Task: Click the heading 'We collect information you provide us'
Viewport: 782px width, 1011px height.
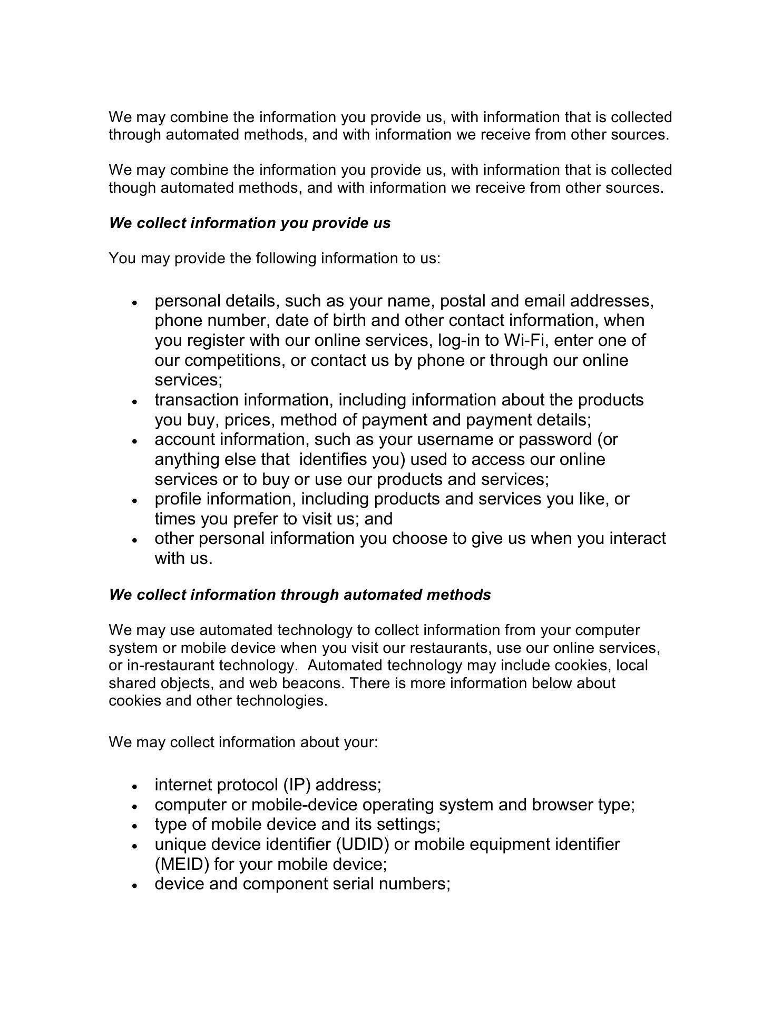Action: pos(250,223)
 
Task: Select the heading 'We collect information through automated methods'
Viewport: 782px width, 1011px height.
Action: pos(300,595)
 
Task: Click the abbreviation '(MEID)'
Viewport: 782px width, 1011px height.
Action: pos(182,865)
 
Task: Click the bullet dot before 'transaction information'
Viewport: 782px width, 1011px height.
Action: pos(135,401)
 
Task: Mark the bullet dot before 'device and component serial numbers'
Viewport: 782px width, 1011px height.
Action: pos(135,886)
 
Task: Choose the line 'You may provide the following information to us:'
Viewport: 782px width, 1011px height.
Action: pos(274,259)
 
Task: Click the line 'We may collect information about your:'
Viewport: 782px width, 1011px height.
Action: pos(243,742)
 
